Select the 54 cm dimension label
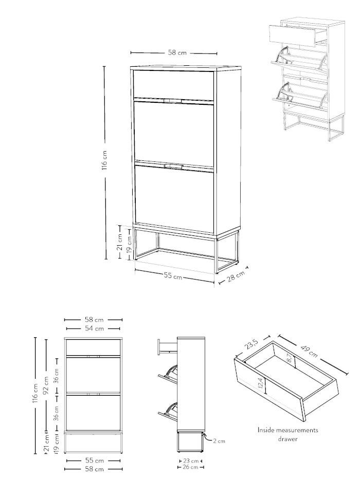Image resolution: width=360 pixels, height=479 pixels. (x=94, y=328)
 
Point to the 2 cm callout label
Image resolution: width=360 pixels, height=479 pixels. (x=219, y=441)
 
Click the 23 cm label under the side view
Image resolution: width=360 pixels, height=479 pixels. (x=191, y=461)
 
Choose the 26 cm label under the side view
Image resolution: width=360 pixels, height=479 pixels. (x=191, y=467)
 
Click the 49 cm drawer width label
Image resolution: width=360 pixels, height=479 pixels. (x=309, y=351)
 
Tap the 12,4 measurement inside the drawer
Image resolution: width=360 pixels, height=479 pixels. (x=260, y=383)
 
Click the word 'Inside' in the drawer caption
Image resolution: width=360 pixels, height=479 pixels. (x=266, y=430)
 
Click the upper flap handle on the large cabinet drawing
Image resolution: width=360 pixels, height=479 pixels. (x=173, y=101)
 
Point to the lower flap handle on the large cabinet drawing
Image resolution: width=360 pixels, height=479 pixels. (x=173, y=166)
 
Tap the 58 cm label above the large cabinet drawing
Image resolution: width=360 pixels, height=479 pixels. (x=177, y=52)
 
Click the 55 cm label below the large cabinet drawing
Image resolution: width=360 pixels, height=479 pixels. (x=173, y=276)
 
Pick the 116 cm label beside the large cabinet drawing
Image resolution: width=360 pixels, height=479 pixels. (x=104, y=160)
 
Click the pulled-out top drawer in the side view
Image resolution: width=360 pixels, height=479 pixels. (x=167, y=346)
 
